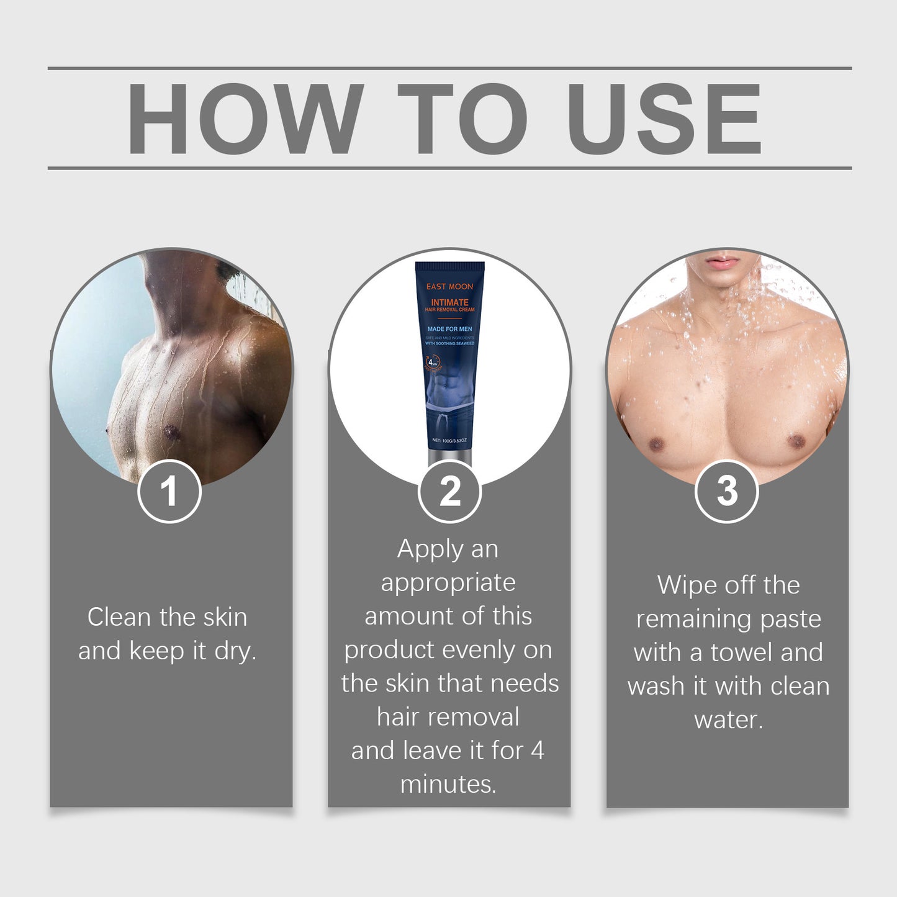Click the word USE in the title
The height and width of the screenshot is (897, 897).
pyautogui.click(x=664, y=118)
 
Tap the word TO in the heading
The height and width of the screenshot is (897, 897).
pyautogui.click(x=462, y=118)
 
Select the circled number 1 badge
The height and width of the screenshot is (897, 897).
pyautogui.click(x=169, y=492)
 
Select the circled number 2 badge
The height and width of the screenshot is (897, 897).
pyautogui.click(x=449, y=492)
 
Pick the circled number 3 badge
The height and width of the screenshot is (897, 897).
pyautogui.click(x=726, y=492)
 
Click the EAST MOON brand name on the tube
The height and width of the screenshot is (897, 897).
pyautogui.click(x=449, y=287)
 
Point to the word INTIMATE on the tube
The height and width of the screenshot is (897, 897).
pyautogui.click(x=449, y=302)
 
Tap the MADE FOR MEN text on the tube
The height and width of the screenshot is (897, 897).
pyautogui.click(x=449, y=329)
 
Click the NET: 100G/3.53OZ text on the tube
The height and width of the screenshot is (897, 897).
pyautogui.click(x=449, y=441)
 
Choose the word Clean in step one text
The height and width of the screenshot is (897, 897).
pyautogui.click(x=119, y=618)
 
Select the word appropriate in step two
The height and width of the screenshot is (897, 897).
pyautogui.click(x=448, y=584)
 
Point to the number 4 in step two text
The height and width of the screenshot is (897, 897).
pyautogui.click(x=538, y=751)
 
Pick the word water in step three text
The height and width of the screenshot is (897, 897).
pyautogui.click(x=728, y=720)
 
